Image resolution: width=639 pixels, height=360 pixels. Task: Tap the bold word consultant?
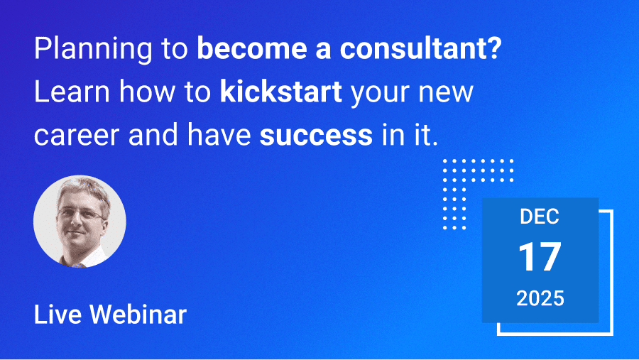pos(420,48)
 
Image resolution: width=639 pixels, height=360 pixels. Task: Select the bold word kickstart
pos(280,92)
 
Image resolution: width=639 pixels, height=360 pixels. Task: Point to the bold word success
pos(316,136)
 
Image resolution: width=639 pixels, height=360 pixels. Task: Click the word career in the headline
pos(77,136)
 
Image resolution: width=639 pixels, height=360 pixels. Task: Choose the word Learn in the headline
pos(72,92)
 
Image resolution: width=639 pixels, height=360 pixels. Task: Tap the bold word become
pos(252,48)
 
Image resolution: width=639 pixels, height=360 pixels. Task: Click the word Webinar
pos(138,315)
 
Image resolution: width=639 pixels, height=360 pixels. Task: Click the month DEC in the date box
pos(540,217)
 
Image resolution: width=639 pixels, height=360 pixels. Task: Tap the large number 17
pos(540,257)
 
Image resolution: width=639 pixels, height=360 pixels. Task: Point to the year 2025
pos(540,298)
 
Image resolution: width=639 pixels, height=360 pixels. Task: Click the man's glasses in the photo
pos(80,214)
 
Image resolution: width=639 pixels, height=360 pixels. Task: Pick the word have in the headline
pos(219,134)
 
